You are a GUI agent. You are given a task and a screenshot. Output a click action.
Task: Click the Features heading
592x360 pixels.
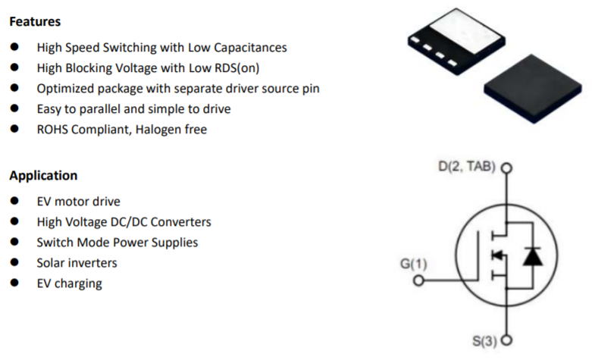coord(35,22)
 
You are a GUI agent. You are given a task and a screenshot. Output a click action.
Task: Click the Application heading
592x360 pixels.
coord(43,176)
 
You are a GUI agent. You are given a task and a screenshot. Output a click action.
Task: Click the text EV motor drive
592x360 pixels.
coord(78,202)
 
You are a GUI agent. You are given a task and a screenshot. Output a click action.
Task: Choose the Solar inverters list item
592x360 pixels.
coord(77,263)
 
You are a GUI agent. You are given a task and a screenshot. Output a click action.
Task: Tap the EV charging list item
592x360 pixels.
coord(69,283)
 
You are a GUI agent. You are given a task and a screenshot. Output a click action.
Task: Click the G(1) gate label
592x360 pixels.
coord(414,265)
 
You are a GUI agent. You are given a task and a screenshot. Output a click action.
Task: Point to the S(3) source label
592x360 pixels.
coord(484,340)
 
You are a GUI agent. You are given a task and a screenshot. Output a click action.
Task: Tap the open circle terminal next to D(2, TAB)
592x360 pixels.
coord(506,168)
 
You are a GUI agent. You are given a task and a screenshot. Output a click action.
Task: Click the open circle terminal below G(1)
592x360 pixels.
coord(418,283)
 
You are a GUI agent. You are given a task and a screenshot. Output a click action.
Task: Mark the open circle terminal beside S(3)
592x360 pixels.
coord(506,340)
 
